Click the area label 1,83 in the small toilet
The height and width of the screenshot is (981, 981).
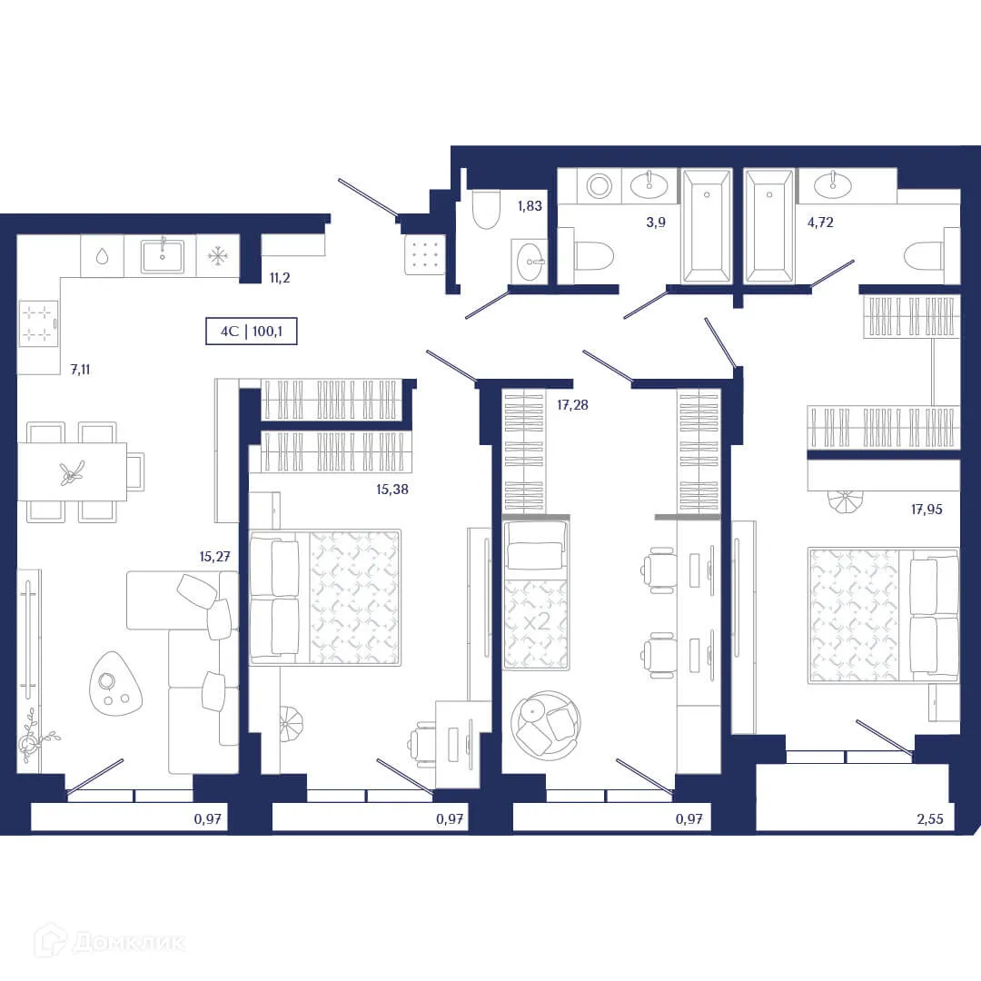tap(530, 206)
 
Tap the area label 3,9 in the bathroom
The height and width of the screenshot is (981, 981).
tap(656, 222)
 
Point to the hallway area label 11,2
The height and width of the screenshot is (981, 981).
tap(279, 278)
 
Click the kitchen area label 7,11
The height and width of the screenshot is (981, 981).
tap(80, 370)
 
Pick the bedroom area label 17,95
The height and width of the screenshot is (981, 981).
tap(926, 510)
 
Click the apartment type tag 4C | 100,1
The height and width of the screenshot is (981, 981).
tap(253, 332)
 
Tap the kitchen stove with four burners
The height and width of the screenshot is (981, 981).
tap(38, 323)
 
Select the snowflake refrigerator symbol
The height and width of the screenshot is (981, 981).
tap(218, 256)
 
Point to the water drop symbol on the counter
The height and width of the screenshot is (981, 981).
tap(102, 256)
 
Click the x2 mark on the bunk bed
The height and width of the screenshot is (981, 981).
tap(536, 622)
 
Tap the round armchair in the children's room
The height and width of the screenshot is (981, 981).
tap(545, 724)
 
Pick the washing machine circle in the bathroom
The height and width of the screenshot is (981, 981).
tap(599, 186)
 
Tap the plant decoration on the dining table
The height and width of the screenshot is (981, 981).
tap(72, 471)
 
